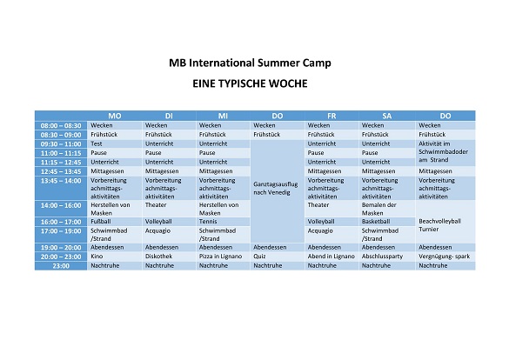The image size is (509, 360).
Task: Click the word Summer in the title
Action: (278, 63)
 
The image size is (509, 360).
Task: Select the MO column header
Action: (115, 116)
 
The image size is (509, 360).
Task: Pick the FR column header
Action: (332, 116)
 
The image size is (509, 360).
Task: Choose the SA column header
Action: (386, 116)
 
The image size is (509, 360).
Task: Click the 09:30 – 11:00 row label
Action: (61, 144)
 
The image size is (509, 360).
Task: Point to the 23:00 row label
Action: (61, 266)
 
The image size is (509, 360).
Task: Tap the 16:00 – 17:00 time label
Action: (61, 222)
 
